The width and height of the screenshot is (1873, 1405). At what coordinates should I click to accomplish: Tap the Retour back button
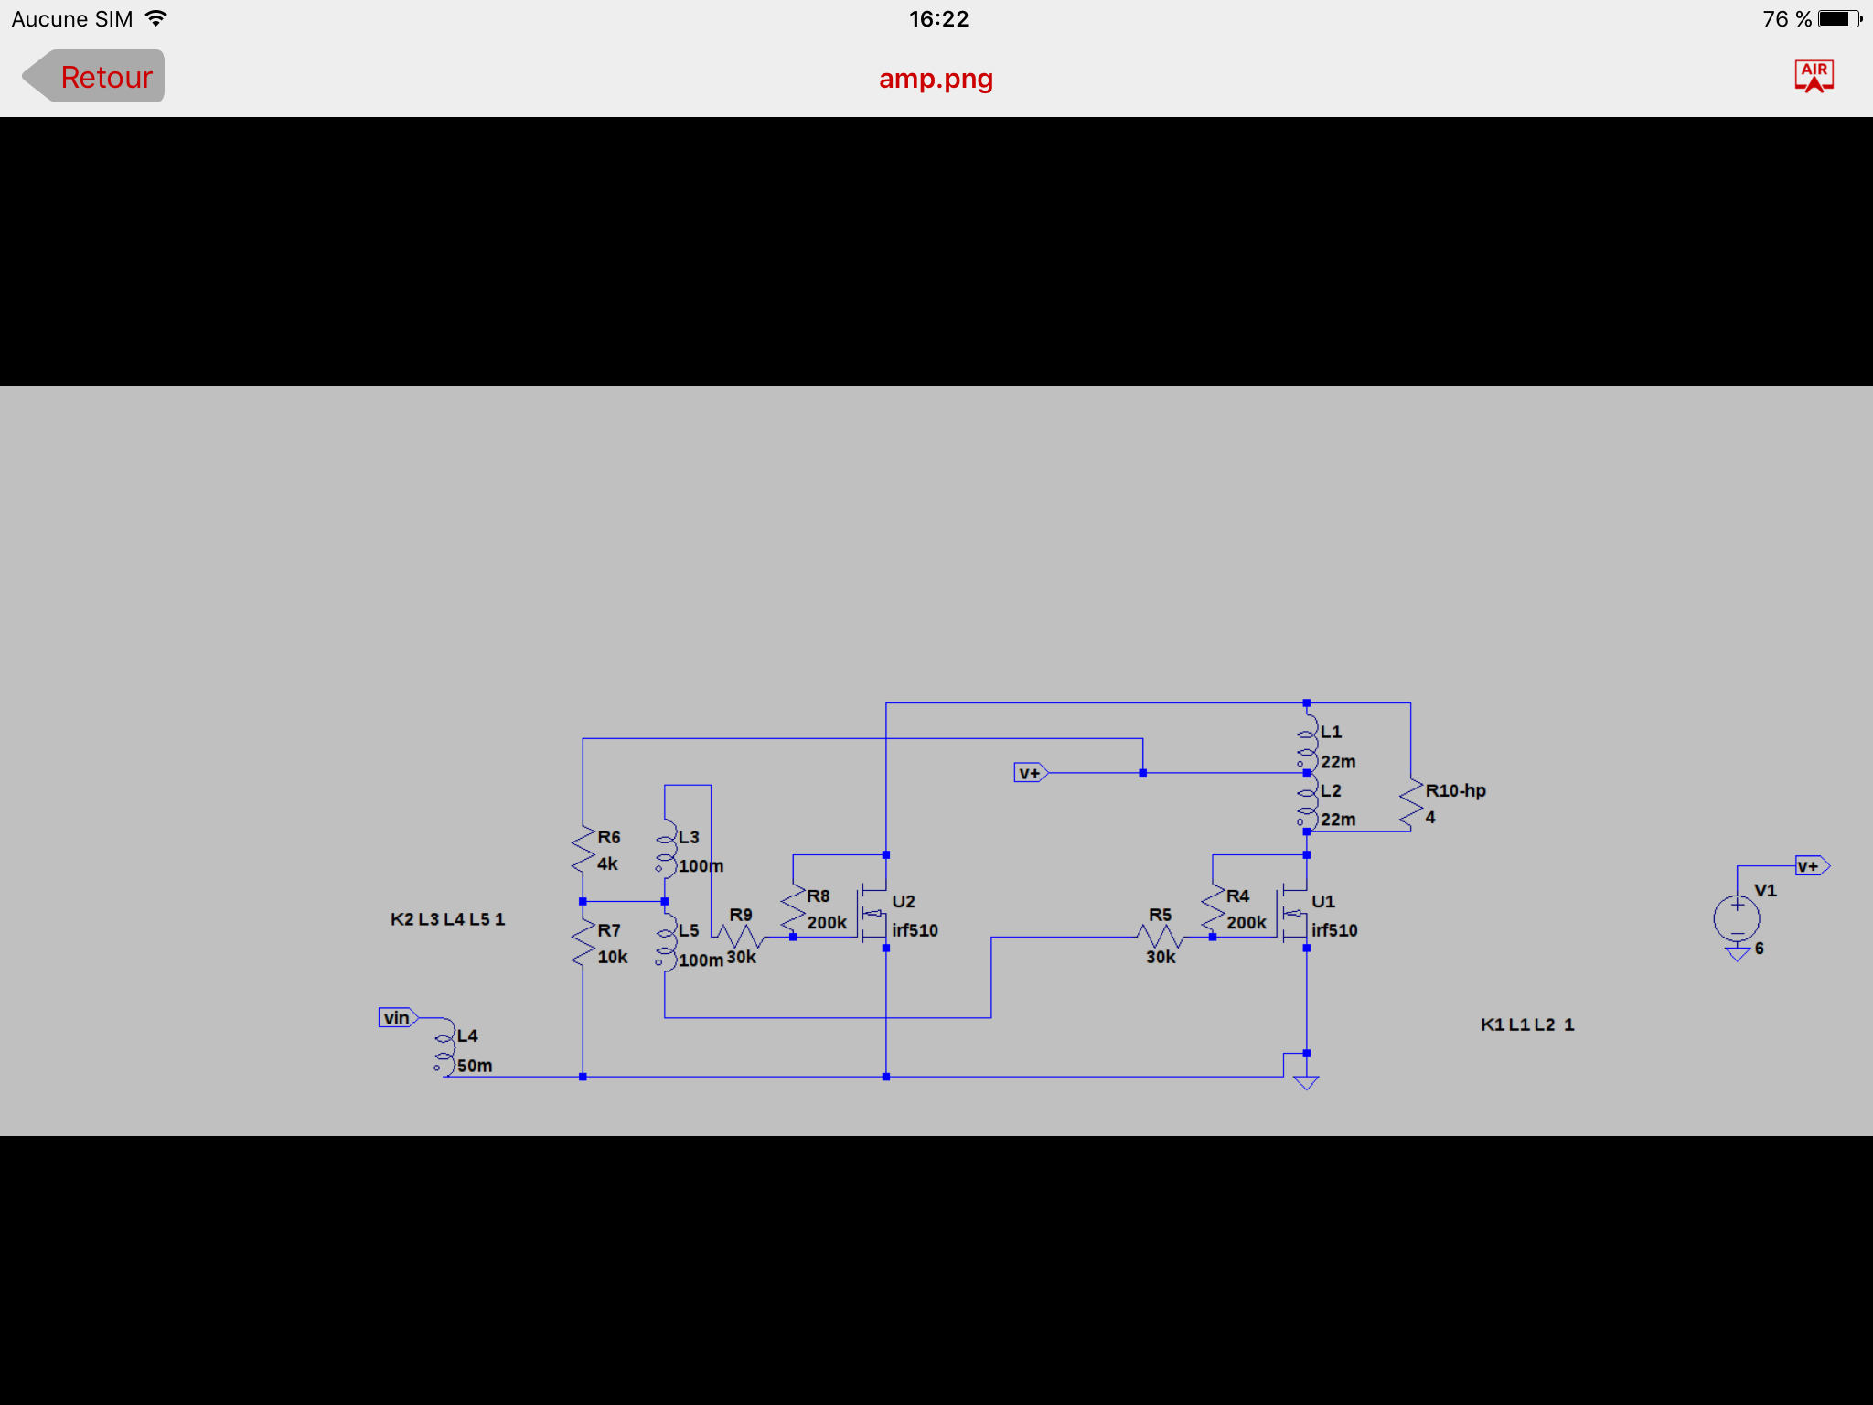click(93, 77)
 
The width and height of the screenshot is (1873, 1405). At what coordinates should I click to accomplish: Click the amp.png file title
click(936, 79)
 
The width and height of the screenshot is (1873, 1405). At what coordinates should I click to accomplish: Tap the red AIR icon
click(1814, 76)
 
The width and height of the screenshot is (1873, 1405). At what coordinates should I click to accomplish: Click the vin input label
click(398, 1017)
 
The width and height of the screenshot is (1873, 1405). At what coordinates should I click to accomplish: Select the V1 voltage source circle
click(1737, 918)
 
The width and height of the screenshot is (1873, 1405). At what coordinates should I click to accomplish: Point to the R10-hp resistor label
click(1455, 790)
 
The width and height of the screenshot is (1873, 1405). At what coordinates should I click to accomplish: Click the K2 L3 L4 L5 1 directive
click(447, 919)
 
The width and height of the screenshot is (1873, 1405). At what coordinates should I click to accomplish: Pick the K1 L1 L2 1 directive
click(1527, 1024)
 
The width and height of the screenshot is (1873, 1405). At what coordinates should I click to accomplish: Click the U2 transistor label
click(904, 901)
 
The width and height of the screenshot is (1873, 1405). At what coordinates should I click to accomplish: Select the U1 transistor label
click(1323, 901)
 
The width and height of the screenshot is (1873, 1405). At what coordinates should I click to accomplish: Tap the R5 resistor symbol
click(1161, 937)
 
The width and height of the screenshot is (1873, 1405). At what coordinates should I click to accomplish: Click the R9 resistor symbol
click(740, 937)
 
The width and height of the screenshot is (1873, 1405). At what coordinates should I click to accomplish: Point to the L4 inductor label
click(467, 1035)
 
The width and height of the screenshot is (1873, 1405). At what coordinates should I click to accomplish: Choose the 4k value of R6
click(607, 863)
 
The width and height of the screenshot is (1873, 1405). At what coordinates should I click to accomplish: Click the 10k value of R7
click(613, 957)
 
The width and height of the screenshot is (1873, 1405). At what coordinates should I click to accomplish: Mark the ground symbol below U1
click(1306, 1082)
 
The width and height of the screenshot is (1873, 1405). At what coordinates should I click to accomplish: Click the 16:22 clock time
click(938, 19)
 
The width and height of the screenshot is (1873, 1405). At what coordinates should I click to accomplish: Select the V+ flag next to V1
click(1812, 865)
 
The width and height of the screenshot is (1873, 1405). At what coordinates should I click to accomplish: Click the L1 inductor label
click(1331, 732)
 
